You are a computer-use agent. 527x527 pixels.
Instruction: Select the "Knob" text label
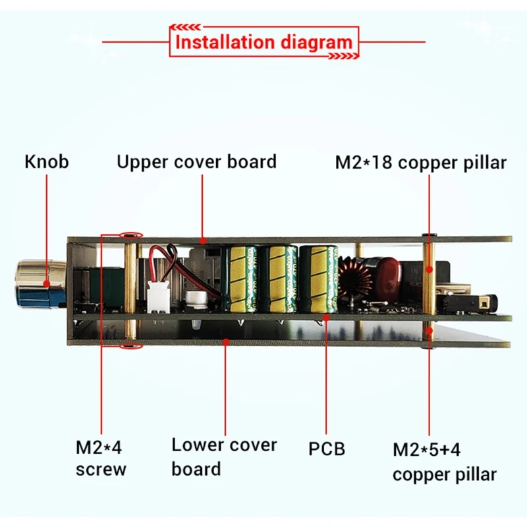point(46,162)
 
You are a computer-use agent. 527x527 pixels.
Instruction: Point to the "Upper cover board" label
point(196,162)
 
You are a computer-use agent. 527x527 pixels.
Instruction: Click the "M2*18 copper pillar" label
point(421,163)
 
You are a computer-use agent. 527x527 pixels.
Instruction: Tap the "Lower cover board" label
point(224,457)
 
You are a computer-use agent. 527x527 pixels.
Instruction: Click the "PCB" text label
point(327,449)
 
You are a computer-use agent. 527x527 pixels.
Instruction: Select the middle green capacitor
point(276,277)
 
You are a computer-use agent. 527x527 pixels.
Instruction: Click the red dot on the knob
point(47,285)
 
